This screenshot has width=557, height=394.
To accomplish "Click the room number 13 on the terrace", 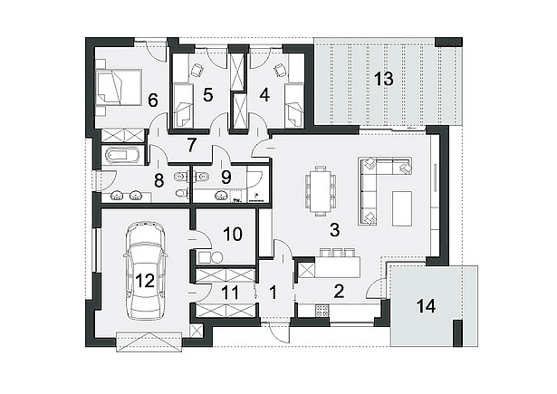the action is pyautogui.click(x=384, y=79).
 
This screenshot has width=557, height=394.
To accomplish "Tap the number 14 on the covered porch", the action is pyautogui.click(x=426, y=306).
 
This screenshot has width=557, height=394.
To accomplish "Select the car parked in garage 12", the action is pyautogui.click(x=145, y=271).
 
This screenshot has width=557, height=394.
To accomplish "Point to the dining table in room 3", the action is pyautogui.click(x=321, y=191).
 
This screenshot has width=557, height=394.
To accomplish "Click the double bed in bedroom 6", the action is pyautogui.click(x=119, y=88).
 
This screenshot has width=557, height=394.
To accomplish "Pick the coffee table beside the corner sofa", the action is pyautogui.click(x=402, y=208).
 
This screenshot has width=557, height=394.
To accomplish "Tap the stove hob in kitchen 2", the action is pyautogui.click(x=322, y=310).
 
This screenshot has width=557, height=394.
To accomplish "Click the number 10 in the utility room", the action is pyautogui.click(x=233, y=234).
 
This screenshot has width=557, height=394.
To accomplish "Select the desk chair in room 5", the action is pyautogui.click(x=197, y=69).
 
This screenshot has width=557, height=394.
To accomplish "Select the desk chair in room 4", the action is pyautogui.click(x=280, y=69).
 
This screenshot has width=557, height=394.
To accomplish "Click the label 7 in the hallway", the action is pyautogui.click(x=191, y=146).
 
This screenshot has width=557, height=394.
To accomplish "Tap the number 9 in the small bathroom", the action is pyautogui.click(x=226, y=178).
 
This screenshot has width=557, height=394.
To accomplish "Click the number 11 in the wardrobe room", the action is pyautogui.click(x=230, y=293).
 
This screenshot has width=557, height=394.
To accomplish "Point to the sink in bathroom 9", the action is pyautogui.click(x=222, y=195).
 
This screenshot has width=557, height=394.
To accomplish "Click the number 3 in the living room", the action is pyautogui.click(x=334, y=230).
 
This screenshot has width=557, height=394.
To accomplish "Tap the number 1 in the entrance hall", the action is pyautogui.click(x=273, y=293).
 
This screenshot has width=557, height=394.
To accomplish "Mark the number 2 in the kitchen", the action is pyautogui.click(x=339, y=291).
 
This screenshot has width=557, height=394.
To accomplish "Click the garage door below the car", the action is pyautogui.click(x=149, y=341).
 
